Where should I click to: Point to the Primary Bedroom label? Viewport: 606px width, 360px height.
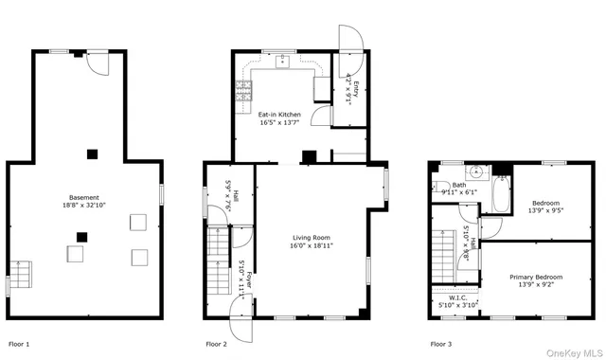(x=536, y=277)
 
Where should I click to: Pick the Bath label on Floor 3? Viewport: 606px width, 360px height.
(x=459, y=186)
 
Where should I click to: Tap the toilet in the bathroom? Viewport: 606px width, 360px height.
(x=502, y=175)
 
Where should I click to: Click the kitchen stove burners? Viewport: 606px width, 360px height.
(x=242, y=91)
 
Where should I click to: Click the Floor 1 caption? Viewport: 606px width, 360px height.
(x=19, y=343)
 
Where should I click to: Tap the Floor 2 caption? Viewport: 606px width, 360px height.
(x=217, y=343)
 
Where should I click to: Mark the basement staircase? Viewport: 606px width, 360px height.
(x=21, y=274)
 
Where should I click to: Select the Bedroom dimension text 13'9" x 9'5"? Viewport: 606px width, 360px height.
(x=545, y=211)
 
